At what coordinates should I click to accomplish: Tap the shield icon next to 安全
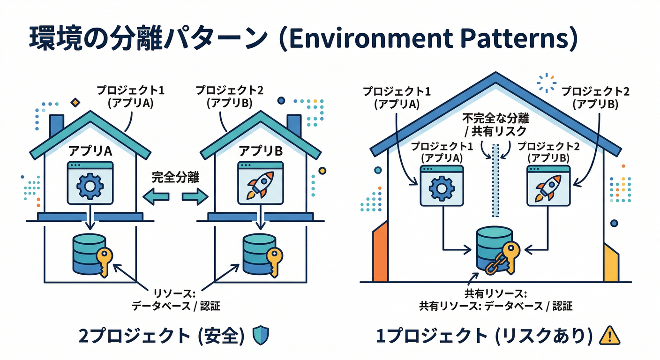tap(260, 335)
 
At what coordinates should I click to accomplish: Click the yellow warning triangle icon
tap(610, 335)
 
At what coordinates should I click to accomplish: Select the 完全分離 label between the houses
tap(175, 177)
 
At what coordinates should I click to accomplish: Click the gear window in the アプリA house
tap(90, 183)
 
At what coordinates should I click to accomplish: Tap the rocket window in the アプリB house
tap(261, 183)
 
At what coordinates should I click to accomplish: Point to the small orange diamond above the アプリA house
tap(74, 103)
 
